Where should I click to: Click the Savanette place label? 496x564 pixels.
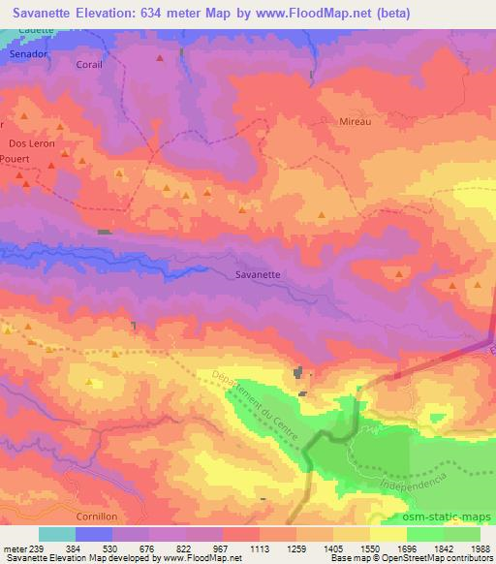click(258, 274)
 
